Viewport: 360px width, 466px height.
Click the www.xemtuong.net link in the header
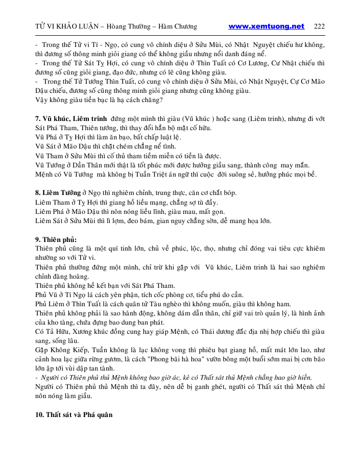266,27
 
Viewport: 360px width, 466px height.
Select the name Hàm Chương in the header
178,27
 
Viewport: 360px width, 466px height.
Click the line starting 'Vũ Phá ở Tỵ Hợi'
108,137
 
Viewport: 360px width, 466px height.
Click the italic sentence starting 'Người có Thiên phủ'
176,377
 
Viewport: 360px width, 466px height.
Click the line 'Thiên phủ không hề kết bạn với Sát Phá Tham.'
105,285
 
